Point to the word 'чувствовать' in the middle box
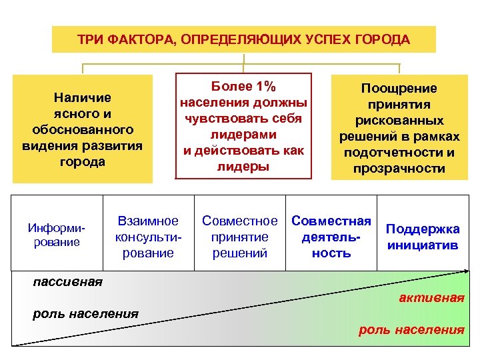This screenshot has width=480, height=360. click(x=243, y=119)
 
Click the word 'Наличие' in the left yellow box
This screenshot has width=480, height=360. click(x=83, y=97)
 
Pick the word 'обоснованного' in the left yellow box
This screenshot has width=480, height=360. click(x=83, y=129)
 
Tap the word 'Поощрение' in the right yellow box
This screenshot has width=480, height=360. click(x=399, y=88)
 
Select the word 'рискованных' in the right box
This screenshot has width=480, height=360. click(x=399, y=121)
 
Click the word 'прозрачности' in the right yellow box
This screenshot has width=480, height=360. click(x=399, y=169)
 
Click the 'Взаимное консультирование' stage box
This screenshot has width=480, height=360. click(x=148, y=237)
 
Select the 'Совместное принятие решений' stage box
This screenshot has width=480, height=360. click(x=239, y=237)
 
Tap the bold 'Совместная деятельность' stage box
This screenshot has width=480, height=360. click(x=331, y=237)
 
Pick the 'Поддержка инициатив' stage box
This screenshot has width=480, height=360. click(x=423, y=237)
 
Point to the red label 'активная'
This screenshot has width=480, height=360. click(x=431, y=297)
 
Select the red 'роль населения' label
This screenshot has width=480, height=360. click(x=411, y=329)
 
